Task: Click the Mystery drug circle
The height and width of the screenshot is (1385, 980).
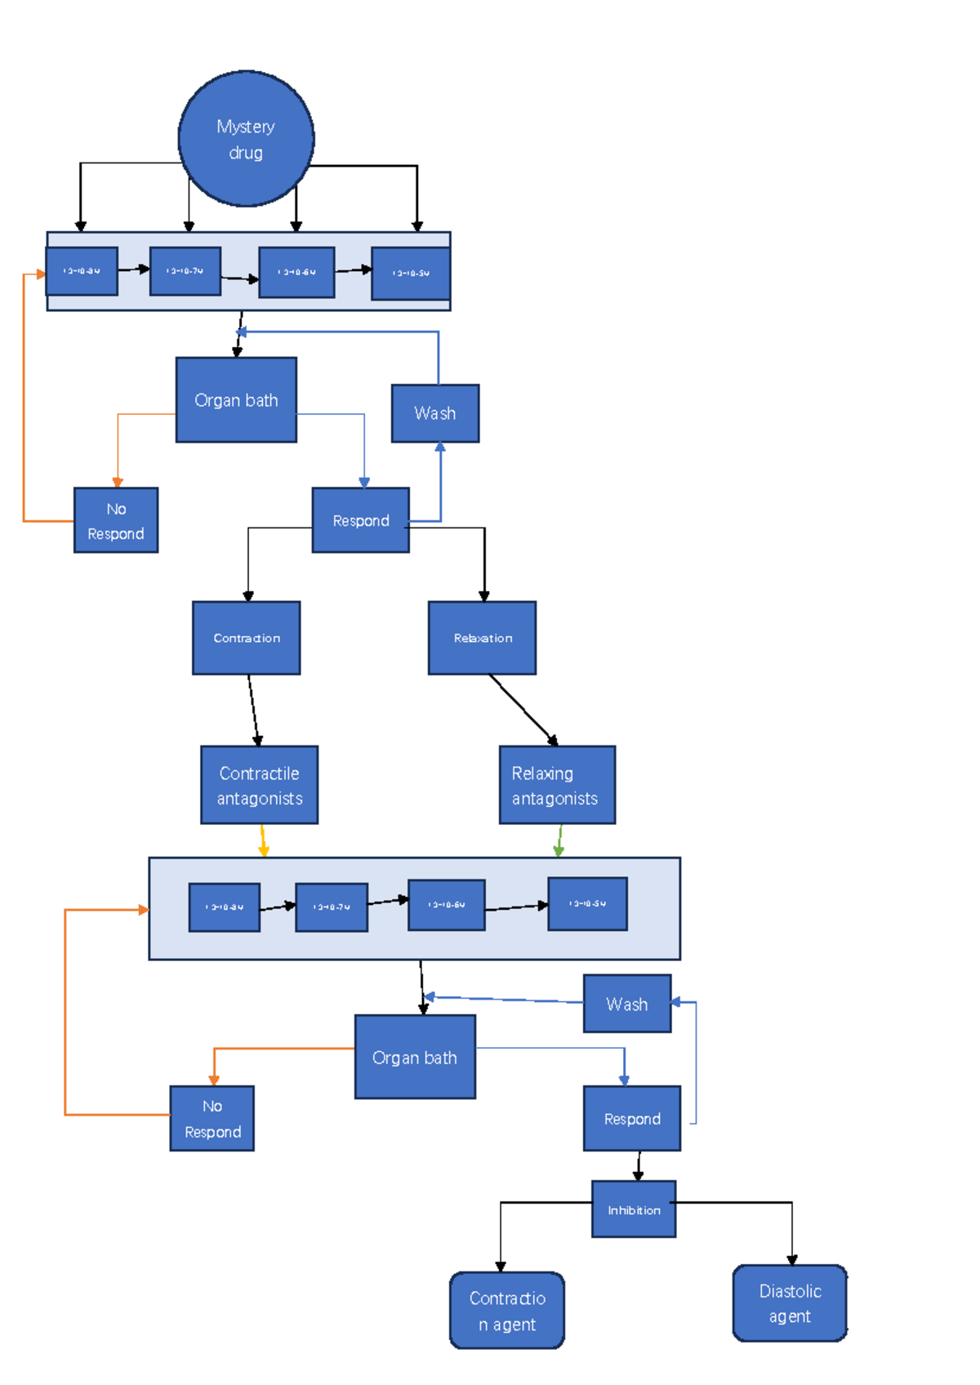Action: tap(246, 139)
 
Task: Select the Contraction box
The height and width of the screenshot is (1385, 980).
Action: tap(246, 638)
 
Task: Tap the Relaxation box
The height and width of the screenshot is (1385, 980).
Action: tap(482, 638)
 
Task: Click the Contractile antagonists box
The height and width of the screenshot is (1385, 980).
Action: tap(259, 785)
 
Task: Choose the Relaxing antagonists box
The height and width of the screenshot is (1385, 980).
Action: tap(557, 785)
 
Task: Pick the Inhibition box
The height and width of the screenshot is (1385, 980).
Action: tap(634, 1209)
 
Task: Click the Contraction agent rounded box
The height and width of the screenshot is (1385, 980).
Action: tap(506, 1310)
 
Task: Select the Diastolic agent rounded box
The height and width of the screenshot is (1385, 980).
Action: tap(790, 1303)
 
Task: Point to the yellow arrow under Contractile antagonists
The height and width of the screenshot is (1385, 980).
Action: tap(263, 841)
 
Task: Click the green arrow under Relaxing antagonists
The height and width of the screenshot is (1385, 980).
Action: tap(559, 841)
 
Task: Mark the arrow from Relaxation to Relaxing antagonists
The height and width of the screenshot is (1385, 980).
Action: tap(523, 709)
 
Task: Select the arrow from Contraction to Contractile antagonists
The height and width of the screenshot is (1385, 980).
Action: tap(253, 710)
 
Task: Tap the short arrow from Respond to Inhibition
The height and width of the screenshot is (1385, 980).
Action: tap(638, 1166)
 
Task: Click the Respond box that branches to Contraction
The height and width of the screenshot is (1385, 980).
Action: tap(360, 520)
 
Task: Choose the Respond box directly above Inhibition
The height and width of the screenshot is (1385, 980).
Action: tap(631, 1119)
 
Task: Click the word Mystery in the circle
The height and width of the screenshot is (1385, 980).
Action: tap(245, 127)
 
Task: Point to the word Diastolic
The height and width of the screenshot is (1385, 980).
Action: tap(790, 1291)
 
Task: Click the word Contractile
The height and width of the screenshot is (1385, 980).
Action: tap(259, 773)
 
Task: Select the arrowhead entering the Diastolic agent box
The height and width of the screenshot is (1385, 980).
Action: tap(791, 1260)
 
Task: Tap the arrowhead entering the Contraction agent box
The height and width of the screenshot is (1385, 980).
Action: tap(501, 1267)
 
